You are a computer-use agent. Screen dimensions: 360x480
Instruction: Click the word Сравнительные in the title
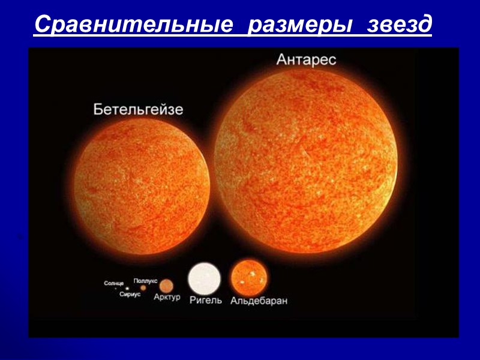133,25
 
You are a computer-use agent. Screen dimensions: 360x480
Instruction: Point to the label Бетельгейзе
138,109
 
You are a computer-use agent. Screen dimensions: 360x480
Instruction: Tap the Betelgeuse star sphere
142,186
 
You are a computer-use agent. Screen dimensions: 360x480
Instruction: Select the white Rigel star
205,278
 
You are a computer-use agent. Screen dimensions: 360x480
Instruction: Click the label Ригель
206,300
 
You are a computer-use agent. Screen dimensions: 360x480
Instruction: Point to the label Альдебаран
259,301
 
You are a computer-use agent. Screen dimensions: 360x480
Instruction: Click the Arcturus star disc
166,285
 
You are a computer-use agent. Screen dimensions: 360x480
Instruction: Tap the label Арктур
166,298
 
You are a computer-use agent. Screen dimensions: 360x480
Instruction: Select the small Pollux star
143,287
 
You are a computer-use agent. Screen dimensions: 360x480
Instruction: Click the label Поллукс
145,280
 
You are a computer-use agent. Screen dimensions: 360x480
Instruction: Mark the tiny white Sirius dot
127,289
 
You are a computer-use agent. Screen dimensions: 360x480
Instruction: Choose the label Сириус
130,295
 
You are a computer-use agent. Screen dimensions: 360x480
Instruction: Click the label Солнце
113,283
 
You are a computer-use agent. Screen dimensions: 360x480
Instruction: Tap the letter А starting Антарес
280,60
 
